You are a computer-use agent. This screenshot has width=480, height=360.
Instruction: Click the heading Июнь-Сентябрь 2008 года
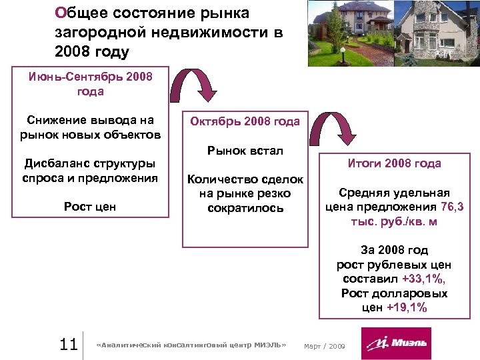click(x=91, y=84)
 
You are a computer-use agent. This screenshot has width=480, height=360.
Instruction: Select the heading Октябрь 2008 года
click(x=245, y=121)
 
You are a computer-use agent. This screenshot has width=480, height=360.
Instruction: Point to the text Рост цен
click(x=90, y=207)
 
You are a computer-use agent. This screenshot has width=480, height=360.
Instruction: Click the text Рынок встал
click(x=245, y=151)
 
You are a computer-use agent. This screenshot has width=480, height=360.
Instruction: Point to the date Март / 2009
click(x=324, y=345)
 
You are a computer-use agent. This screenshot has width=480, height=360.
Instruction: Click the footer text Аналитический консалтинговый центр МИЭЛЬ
click(x=191, y=345)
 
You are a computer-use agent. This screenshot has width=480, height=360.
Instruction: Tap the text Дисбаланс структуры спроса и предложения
click(x=90, y=171)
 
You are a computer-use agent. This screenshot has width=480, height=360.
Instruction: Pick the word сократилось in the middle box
click(x=245, y=208)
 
